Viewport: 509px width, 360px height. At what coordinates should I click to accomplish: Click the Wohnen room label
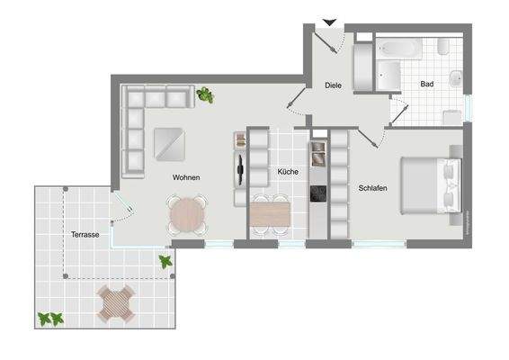point(186,178)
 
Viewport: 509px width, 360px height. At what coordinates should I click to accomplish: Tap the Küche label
point(288,171)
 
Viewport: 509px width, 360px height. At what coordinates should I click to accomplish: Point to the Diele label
point(334,86)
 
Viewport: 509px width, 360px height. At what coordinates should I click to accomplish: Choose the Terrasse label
point(85,235)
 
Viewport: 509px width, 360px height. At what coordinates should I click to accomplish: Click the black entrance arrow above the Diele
point(330,22)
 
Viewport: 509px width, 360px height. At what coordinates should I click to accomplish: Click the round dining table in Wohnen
point(186,214)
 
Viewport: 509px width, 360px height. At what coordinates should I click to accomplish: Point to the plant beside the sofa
point(206,94)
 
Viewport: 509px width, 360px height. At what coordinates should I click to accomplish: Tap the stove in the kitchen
point(317,193)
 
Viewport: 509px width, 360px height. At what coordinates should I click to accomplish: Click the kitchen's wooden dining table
point(270,214)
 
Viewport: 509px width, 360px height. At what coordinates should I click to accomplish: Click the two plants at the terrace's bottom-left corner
point(50,319)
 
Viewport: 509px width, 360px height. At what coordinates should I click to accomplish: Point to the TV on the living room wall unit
point(240,167)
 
